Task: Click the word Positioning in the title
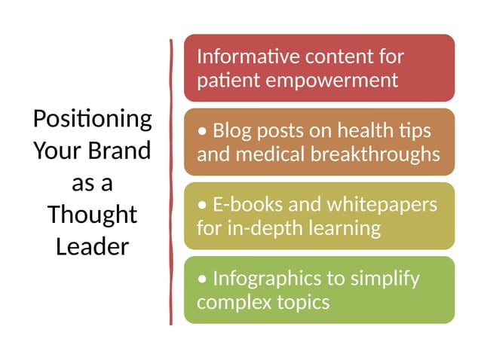pyautogui.click(x=92, y=119)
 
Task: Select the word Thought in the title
pyautogui.click(x=92, y=215)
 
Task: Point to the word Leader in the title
pyautogui.click(x=92, y=246)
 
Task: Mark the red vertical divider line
pyautogui.click(x=172, y=181)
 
